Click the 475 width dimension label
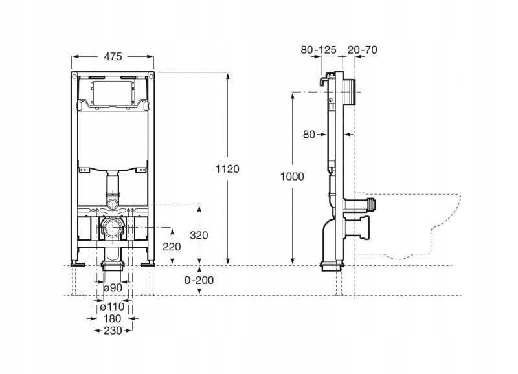(113, 56)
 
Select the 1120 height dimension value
(227, 169)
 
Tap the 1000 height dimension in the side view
(291, 176)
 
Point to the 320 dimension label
(199, 235)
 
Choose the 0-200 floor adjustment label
(199, 280)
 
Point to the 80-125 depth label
(319, 49)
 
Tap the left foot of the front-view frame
(78, 263)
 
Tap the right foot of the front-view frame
(149, 263)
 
